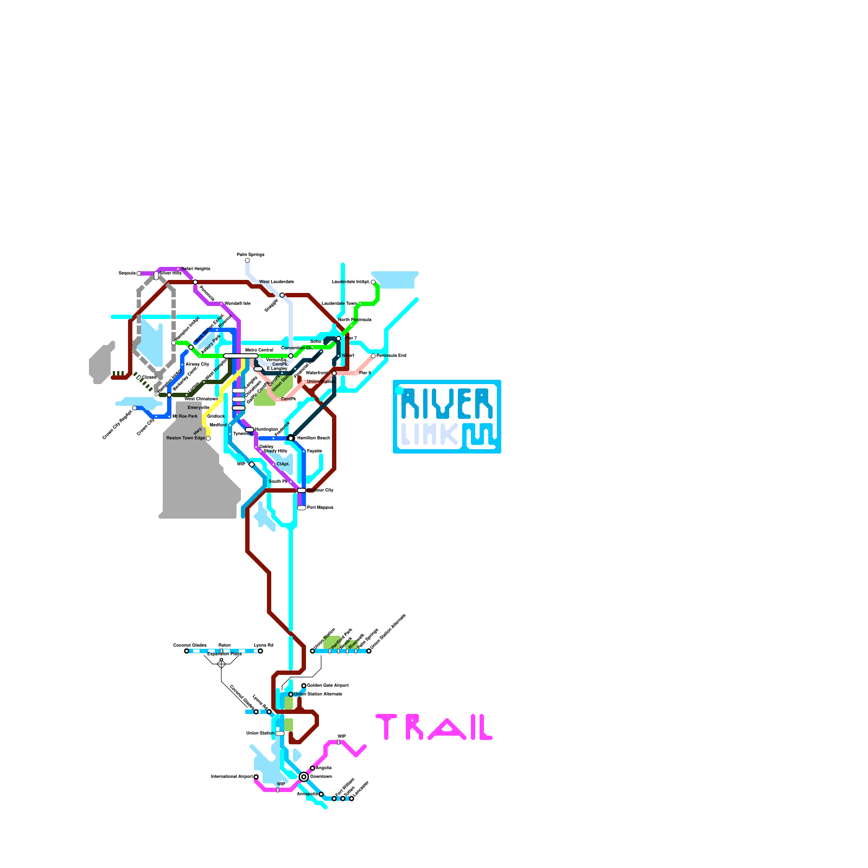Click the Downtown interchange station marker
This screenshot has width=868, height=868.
304,777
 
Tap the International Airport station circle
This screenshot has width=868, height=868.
256,777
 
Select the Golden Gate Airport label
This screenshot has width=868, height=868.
328,686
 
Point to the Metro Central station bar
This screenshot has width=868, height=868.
241,356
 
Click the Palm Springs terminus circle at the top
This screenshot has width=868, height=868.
247,260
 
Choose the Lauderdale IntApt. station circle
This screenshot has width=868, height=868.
373,282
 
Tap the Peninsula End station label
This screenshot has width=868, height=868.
391,356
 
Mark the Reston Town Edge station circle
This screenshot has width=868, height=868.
208,438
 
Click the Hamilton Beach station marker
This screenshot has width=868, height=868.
291,438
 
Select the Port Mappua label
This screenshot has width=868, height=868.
320,508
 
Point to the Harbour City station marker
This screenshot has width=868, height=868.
302,490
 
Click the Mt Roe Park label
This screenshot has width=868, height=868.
185,417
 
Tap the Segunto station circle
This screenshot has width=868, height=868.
139,273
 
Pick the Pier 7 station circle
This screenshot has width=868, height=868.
339,339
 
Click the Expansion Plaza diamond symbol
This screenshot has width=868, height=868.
221,663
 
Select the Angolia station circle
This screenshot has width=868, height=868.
312,768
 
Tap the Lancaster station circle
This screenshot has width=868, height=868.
352,799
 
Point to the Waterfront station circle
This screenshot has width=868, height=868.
334,373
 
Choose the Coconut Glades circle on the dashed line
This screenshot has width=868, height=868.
187,651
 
